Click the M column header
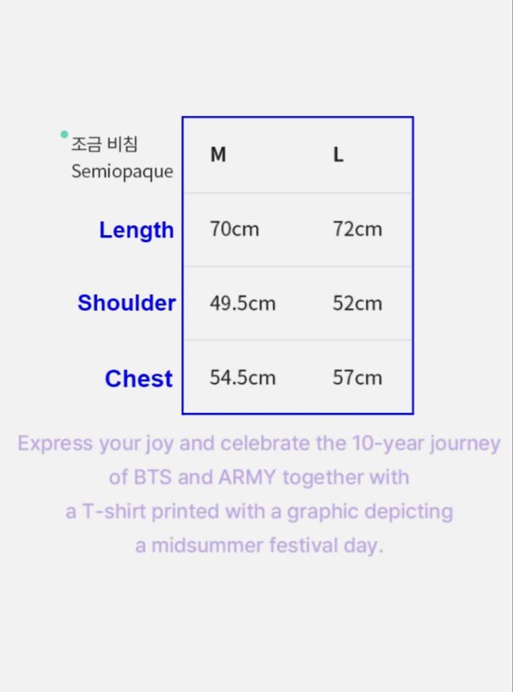pos(218,155)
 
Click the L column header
pos(338,155)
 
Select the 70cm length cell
pos(234,229)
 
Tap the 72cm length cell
pos(357,229)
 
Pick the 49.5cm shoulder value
pos(242,303)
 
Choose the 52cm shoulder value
pos(357,303)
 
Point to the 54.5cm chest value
pos(242,377)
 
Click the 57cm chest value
pos(357,377)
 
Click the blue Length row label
pos(137,230)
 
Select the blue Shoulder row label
pos(126,303)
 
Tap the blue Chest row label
pos(139,379)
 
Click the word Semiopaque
pos(122,172)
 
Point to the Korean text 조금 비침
pos(104,144)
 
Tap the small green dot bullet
pos(64,134)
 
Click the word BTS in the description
pos(153,478)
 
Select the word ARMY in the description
pos(247,478)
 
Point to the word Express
pos(55,444)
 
